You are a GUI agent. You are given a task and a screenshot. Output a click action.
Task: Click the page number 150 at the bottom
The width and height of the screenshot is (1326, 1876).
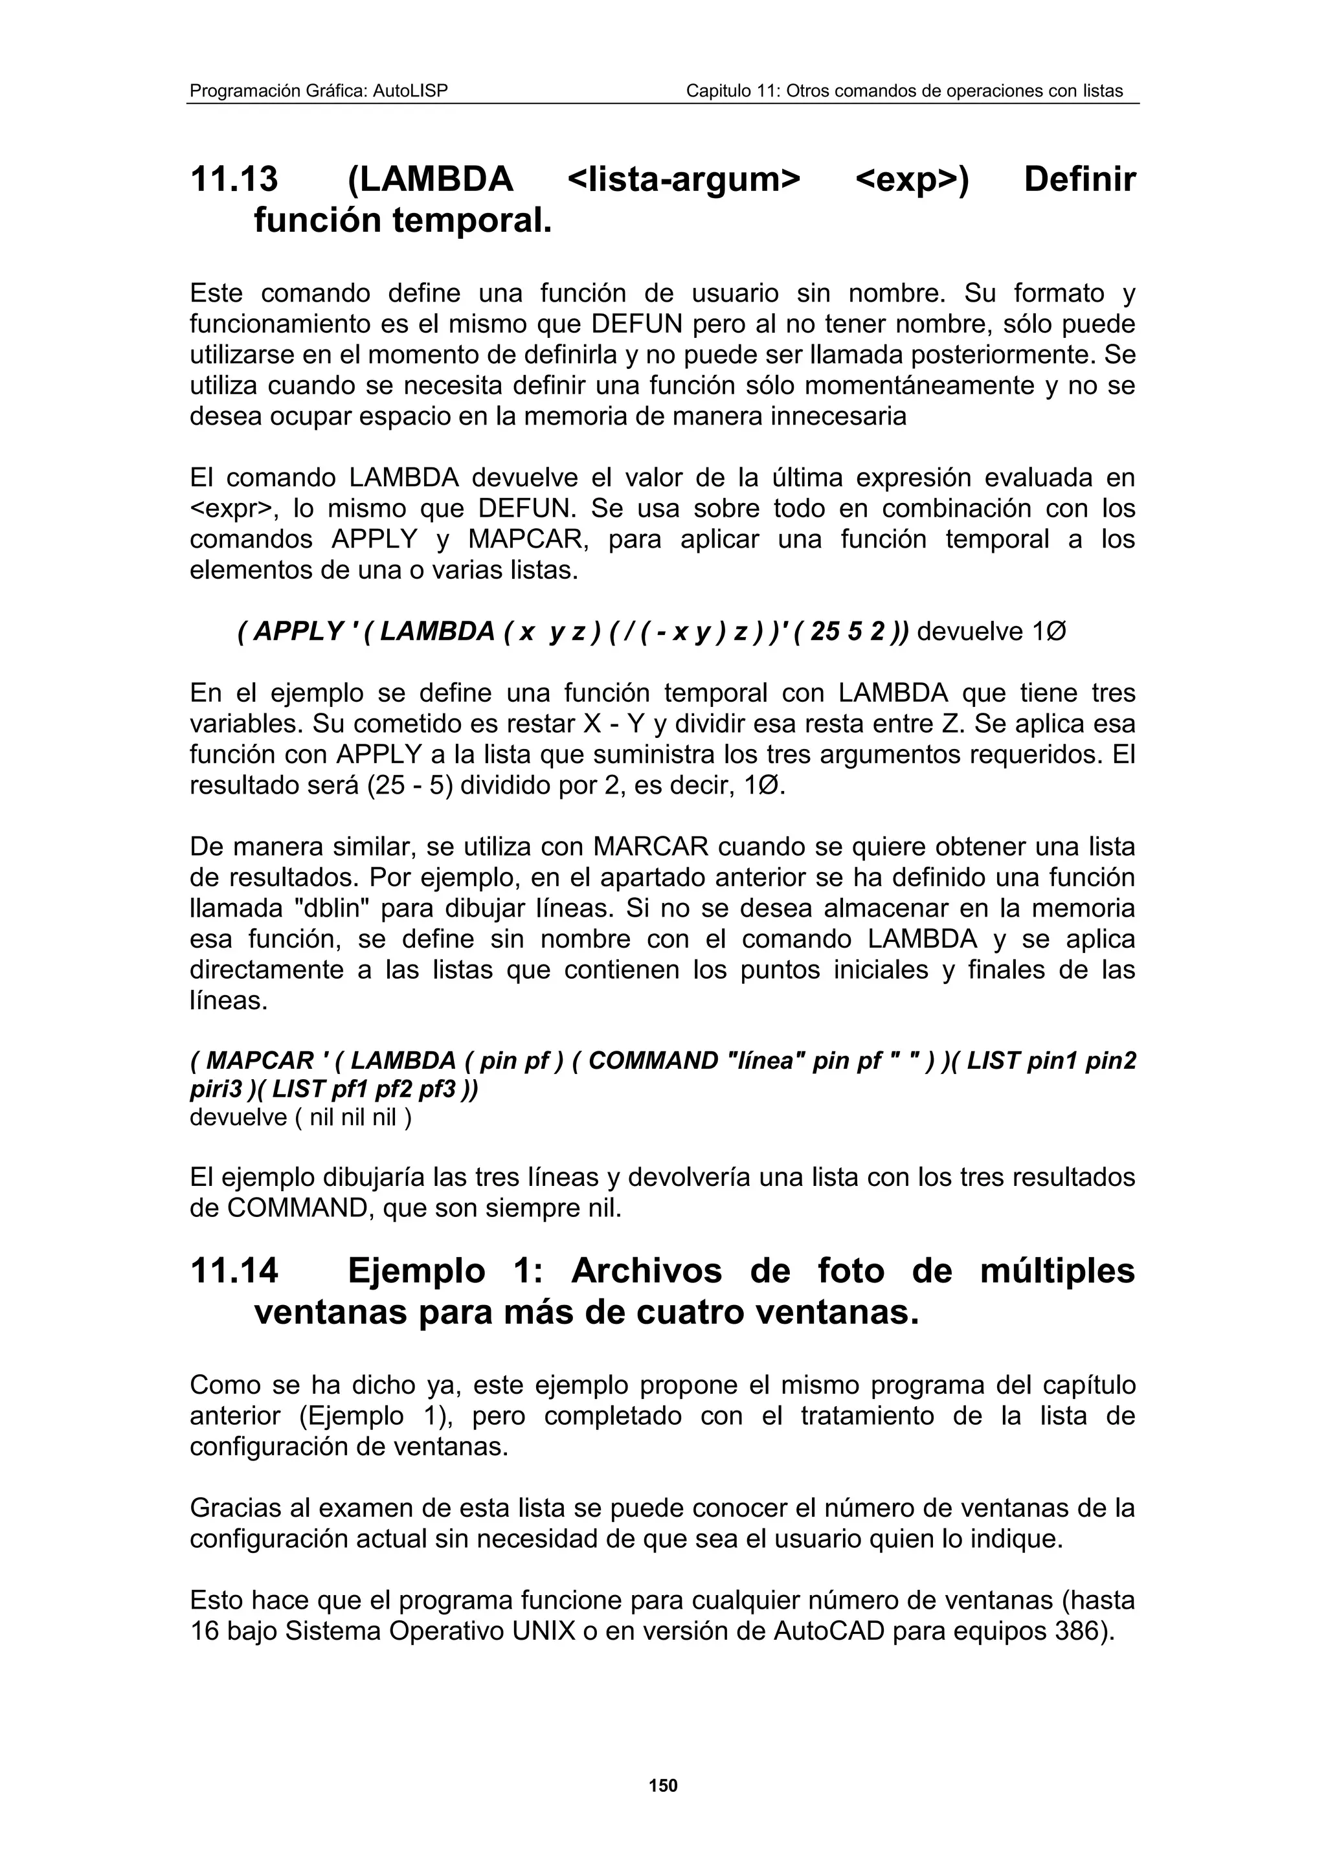(662, 1785)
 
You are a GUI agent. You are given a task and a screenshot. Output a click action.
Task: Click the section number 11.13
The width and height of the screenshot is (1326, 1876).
(234, 179)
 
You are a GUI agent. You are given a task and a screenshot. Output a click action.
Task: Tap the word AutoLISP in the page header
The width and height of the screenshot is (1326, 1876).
(410, 91)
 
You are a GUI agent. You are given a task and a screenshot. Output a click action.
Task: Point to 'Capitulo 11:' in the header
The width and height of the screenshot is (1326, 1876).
(730, 91)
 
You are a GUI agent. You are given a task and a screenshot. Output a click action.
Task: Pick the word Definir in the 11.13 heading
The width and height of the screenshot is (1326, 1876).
(1079, 179)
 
